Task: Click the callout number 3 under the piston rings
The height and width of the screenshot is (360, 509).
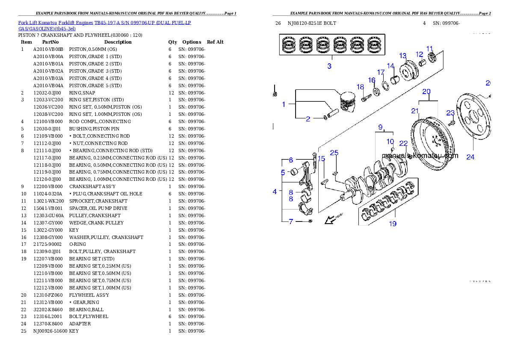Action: click(329, 66)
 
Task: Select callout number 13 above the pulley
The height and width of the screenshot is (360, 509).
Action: click(403, 56)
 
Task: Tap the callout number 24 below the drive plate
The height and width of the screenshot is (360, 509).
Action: click(470, 157)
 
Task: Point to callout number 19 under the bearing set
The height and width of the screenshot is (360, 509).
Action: click(392, 224)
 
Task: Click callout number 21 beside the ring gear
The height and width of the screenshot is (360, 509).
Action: click(415, 111)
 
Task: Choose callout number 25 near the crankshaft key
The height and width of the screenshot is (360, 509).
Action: click(334, 153)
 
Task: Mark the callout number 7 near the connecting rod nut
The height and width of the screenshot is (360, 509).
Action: click(291, 221)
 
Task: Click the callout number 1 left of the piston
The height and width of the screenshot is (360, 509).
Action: click(284, 104)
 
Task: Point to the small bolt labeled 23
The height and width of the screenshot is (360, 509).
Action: click(451, 123)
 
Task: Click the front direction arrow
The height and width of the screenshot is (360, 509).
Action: click(330, 220)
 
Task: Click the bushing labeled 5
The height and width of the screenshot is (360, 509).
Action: click(294, 172)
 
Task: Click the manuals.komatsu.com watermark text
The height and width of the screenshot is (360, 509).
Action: click(420, 156)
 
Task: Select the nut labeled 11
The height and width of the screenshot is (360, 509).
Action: click(432, 57)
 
